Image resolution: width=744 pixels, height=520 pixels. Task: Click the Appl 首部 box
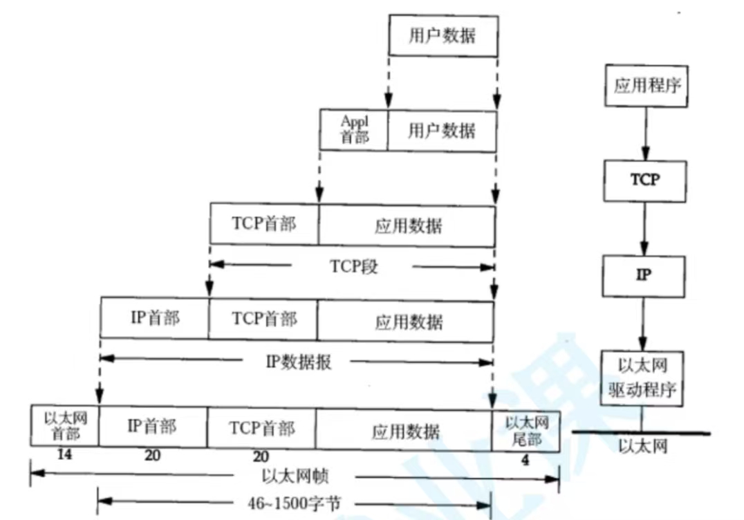(353, 129)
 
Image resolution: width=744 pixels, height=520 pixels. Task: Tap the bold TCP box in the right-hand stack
(645, 180)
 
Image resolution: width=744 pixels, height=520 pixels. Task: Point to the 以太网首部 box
(64, 428)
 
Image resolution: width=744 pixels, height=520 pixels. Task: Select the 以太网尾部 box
(526, 430)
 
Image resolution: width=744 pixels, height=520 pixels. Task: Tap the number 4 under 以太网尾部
(526, 460)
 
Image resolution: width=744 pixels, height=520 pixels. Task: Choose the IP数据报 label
(298, 362)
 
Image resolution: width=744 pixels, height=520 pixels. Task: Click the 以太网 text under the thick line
(643, 446)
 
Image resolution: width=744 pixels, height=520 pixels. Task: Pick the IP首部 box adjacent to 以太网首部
(152, 429)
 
